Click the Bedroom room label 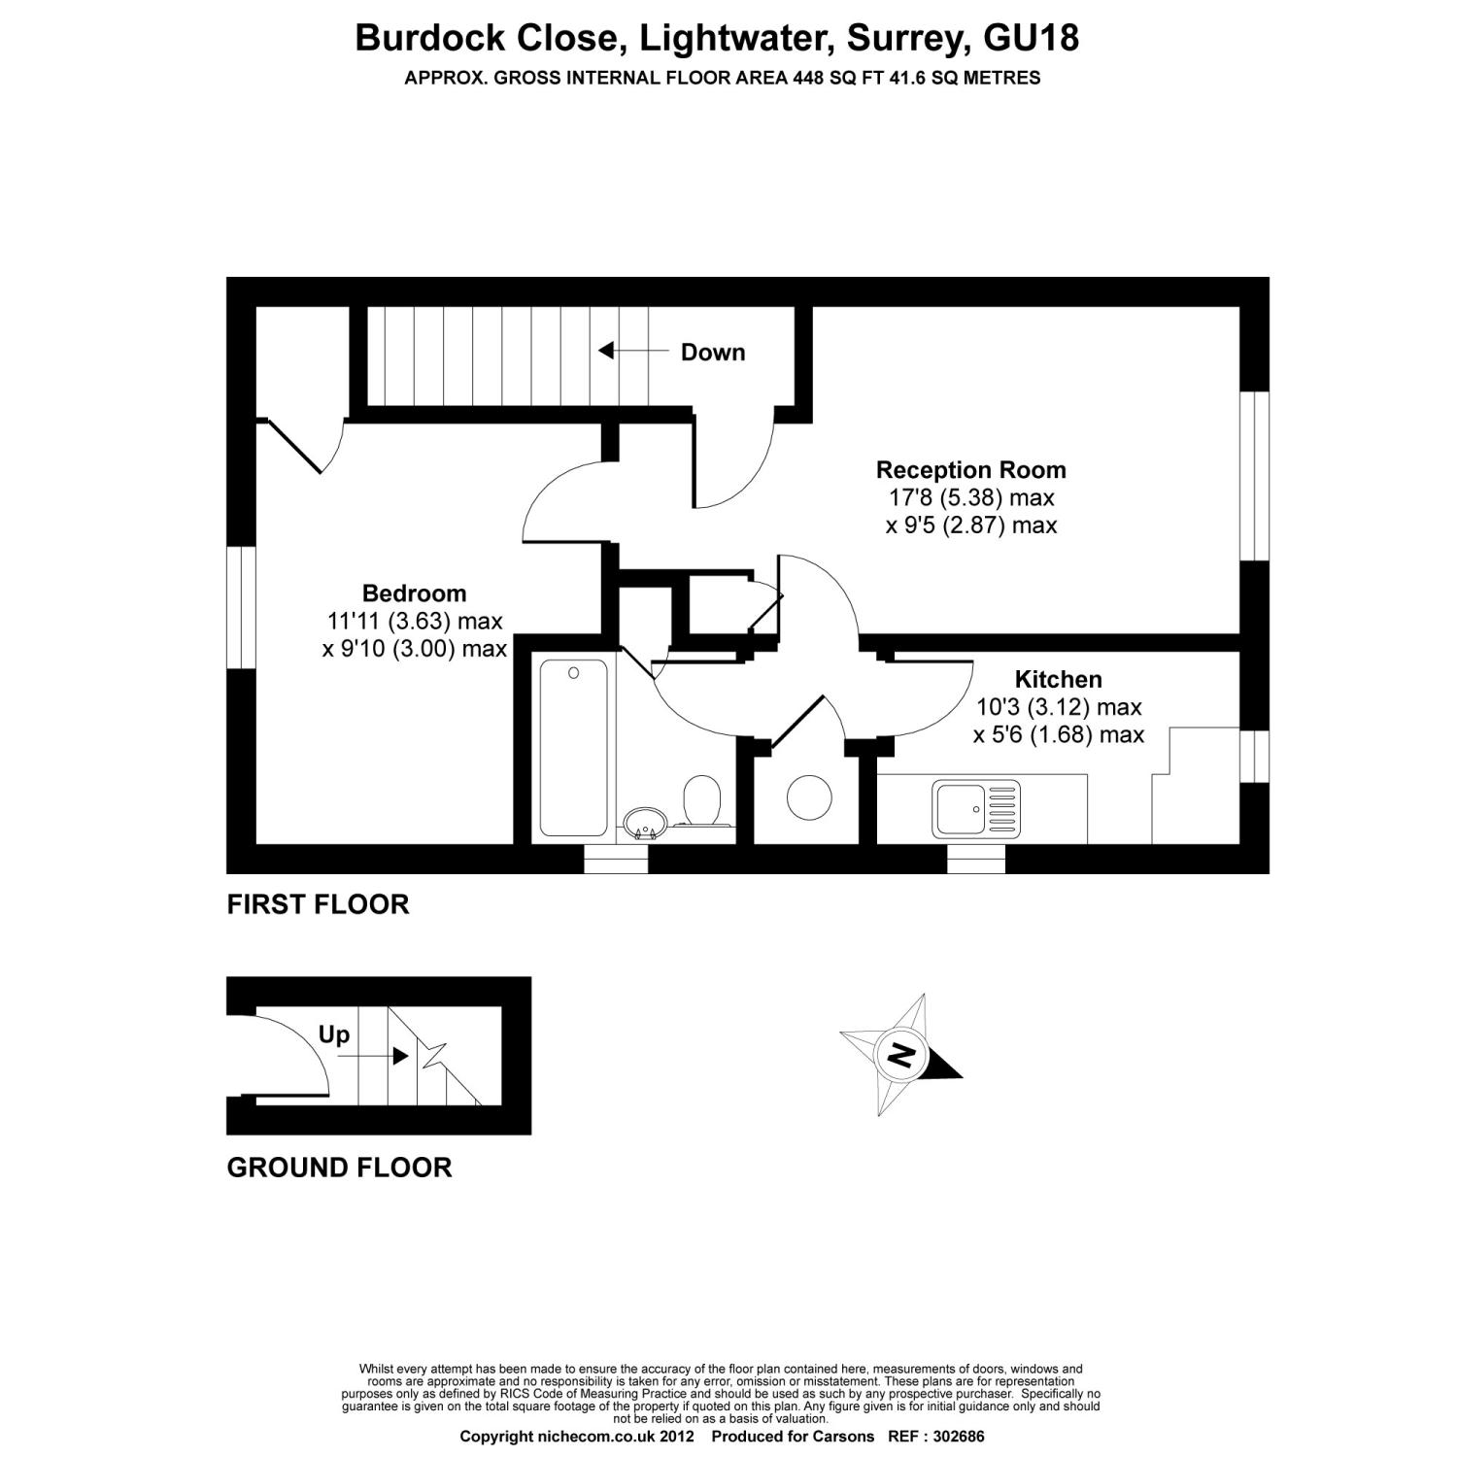414,593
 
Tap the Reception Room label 971,470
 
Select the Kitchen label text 1059,679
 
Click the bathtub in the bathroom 573,747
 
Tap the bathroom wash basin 642,824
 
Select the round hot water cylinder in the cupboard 808,797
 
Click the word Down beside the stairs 713,353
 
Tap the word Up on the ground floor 333,1035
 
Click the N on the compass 902,1055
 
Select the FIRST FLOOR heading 318,904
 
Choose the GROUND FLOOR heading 339,1167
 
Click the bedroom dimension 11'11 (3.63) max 415,621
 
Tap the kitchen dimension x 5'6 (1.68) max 1059,735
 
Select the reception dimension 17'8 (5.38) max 971,498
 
